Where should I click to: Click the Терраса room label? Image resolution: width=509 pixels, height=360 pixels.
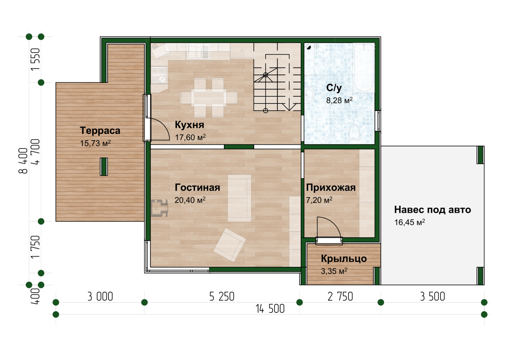point(100,131)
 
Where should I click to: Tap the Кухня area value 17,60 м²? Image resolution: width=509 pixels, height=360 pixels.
point(190,137)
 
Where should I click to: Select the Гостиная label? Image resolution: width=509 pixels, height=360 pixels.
point(197,188)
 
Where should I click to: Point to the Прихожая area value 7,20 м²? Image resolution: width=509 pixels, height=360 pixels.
point(319,200)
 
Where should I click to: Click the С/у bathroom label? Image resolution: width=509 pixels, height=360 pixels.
point(334,88)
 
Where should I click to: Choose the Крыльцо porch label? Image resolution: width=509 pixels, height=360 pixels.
point(344,259)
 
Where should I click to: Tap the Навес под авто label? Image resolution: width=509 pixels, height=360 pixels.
point(432,210)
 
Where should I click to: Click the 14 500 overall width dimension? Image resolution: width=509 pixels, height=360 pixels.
point(270,309)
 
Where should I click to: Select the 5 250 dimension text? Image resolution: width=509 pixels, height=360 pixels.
point(222,297)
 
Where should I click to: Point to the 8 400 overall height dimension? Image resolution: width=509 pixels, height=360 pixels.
point(23,161)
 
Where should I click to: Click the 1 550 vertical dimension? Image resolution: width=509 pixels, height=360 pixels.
point(35,59)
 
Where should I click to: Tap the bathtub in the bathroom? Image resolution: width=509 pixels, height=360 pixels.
point(364,68)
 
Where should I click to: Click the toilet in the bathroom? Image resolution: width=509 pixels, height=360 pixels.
point(354,134)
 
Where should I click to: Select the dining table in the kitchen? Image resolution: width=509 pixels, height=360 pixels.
point(209,98)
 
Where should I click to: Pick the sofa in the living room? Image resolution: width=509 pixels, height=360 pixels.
point(240,198)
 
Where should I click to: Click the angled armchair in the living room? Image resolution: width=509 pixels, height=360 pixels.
point(229,245)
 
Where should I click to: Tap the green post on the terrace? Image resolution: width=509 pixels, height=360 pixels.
point(104,167)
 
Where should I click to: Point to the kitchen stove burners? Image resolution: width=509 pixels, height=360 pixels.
point(159,75)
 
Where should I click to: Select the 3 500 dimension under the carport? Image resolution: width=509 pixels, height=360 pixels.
point(432,297)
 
